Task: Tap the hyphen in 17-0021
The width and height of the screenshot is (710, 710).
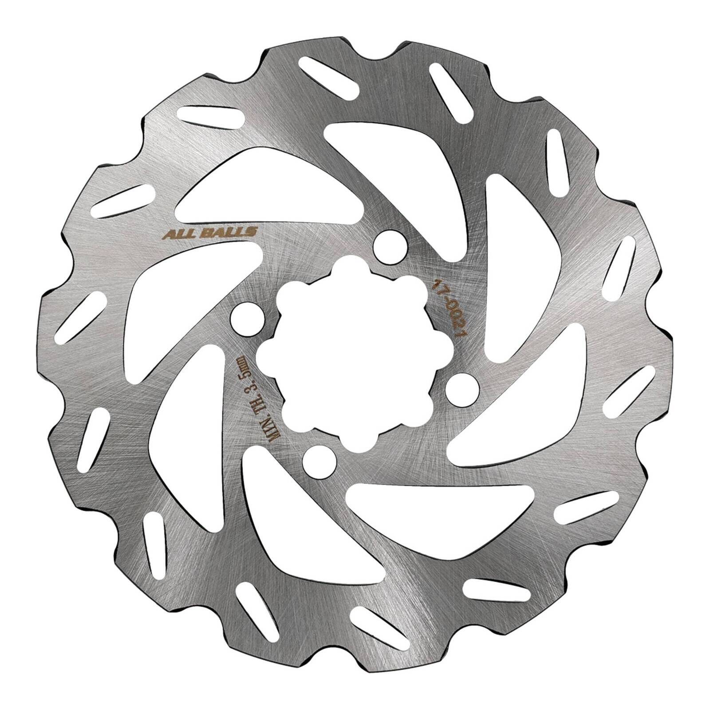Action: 442,296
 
